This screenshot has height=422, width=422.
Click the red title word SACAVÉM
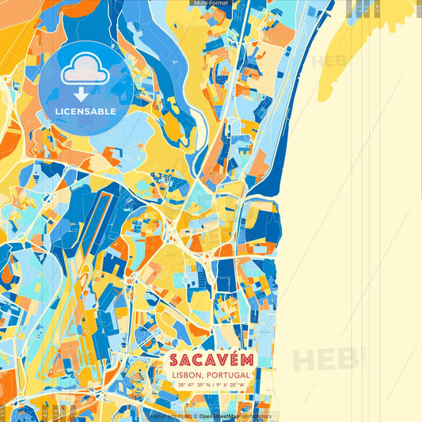point(210,359)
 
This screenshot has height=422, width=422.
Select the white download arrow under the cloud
point(82,93)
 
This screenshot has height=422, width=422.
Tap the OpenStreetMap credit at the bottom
point(223,416)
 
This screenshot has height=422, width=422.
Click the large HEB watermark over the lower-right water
point(325,358)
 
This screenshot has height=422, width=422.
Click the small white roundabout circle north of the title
point(186,280)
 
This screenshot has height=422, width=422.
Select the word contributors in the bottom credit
point(257,416)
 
